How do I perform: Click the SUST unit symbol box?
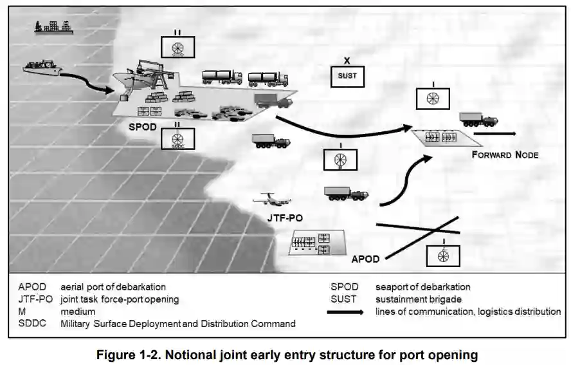click(x=347, y=77)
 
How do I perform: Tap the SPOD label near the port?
click(x=143, y=127)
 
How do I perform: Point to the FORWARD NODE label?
click(x=505, y=155)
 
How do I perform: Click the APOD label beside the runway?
click(x=365, y=259)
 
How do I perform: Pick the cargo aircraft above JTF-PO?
click(x=269, y=200)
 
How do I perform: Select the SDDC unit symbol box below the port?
click(x=178, y=139)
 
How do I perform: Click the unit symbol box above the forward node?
click(x=433, y=98)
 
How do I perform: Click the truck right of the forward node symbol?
click(x=478, y=119)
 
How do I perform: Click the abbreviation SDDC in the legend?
click(x=32, y=324)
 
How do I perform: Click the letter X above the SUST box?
click(x=347, y=61)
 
